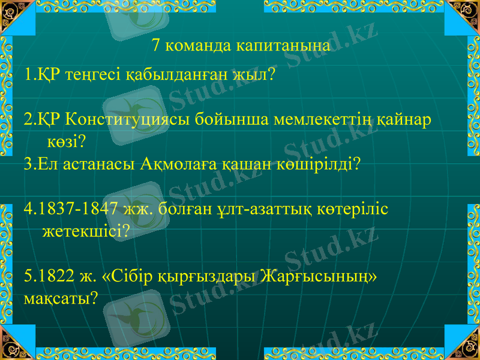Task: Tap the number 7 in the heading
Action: [x=157, y=46]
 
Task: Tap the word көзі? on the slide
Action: [x=65, y=142]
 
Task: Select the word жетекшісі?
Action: [x=86, y=231]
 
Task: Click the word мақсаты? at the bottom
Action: [x=61, y=298]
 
